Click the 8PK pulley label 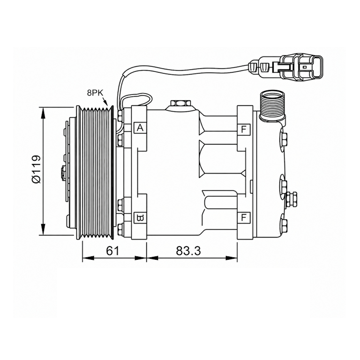[95, 93]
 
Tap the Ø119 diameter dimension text [36, 169]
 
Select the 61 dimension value [112, 251]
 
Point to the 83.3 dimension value [188, 251]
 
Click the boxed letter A [140, 127]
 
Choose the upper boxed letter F [243, 129]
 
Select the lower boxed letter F [243, 217]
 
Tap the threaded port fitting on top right [272, 105]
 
